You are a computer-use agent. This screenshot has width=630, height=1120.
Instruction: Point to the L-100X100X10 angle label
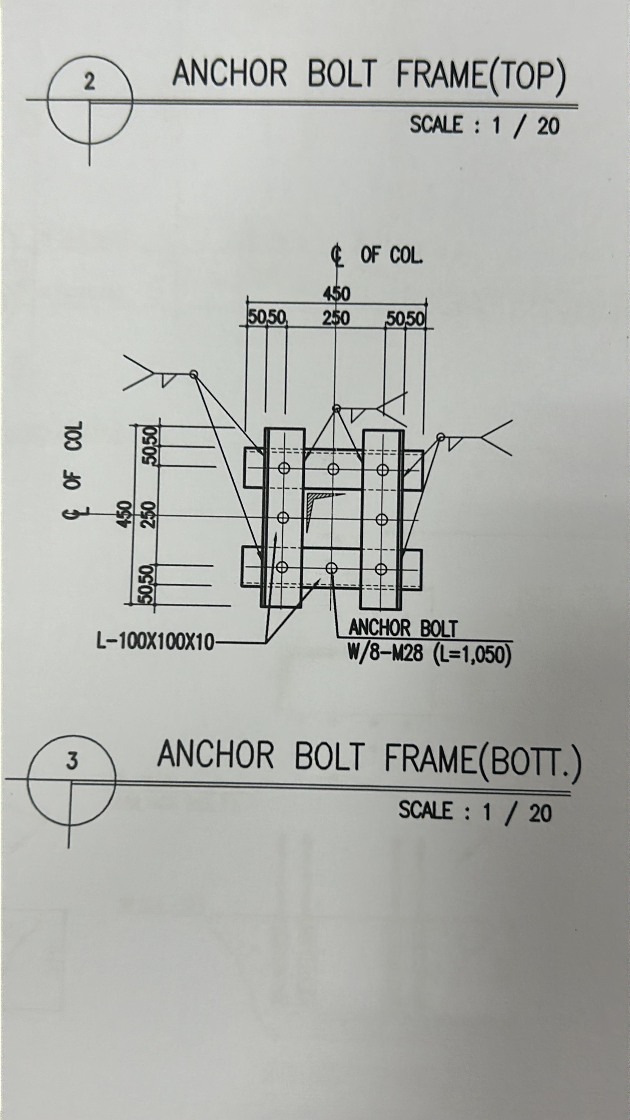click(x=155, y=642)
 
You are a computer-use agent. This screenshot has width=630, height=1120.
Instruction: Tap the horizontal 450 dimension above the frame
click(x=336, y=294)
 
